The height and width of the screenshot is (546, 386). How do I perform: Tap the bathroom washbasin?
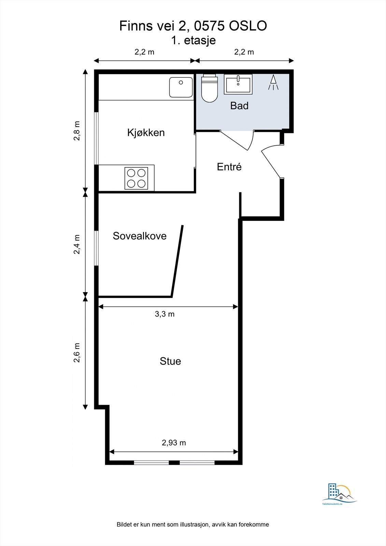pos(238,84)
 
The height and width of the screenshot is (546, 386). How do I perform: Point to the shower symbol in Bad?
pos(273,83)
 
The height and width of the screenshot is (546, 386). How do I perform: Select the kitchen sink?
pos(181,87)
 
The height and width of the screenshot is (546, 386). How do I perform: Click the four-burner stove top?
pos(136,178)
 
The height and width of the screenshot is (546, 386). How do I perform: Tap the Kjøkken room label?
pos(146,132)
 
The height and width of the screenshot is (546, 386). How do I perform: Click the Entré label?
pos(229,167)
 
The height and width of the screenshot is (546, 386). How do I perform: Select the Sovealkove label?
pos(140,236)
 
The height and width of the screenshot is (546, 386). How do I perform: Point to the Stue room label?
pos(170,361)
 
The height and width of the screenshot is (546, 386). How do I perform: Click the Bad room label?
pos(239,105)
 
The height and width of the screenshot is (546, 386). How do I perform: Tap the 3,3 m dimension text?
pos(165,314)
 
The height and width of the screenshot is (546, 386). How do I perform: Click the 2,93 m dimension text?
pos(174,443)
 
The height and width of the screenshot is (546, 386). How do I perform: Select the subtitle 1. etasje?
pos(193,40)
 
